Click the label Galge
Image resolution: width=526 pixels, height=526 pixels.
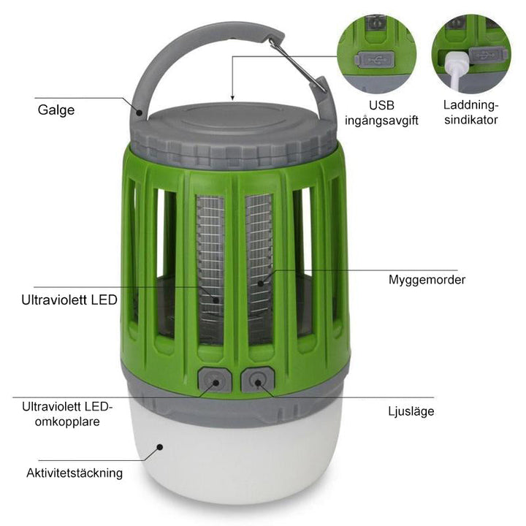coord(56,110)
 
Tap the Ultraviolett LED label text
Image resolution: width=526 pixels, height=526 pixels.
coord(69,300)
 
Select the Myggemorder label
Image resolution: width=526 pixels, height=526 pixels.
coord(427,279)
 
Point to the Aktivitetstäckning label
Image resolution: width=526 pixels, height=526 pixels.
coord(75,473)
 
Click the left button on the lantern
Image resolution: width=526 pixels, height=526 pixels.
coord(213,381)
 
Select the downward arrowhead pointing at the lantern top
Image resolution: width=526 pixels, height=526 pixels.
coord(232,97)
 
